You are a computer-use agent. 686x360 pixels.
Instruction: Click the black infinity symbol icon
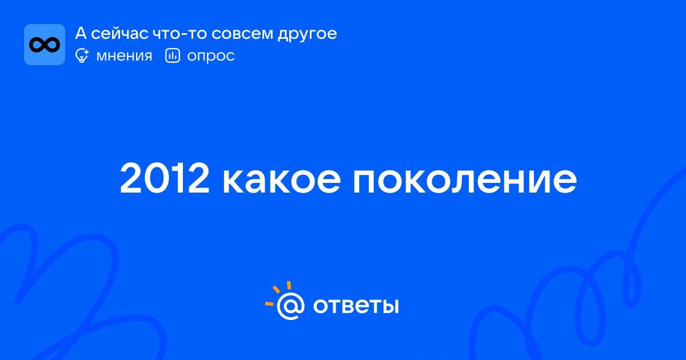[x=45, y=45]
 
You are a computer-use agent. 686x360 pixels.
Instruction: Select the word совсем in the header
[x=242, y=34]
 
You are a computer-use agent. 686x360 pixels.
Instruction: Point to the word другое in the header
[x=307, y=34]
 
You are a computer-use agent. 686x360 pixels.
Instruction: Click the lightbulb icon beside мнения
[x=82, y=56]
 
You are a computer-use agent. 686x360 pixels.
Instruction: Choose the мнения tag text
[x=124, y=56]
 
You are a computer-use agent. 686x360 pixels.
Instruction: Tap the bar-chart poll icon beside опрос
[x=173, y=55]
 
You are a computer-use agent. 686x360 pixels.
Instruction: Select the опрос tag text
[x=211, y=57]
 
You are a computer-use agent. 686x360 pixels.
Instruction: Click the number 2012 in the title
[x=165, y=178]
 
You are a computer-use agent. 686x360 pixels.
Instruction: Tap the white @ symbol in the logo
[x=290, y=306]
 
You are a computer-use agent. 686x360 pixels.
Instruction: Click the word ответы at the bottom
[x=356, y=306]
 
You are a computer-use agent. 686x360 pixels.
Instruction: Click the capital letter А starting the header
[x=81, y=33]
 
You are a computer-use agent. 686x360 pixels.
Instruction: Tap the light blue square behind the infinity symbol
[x=45, y=45]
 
